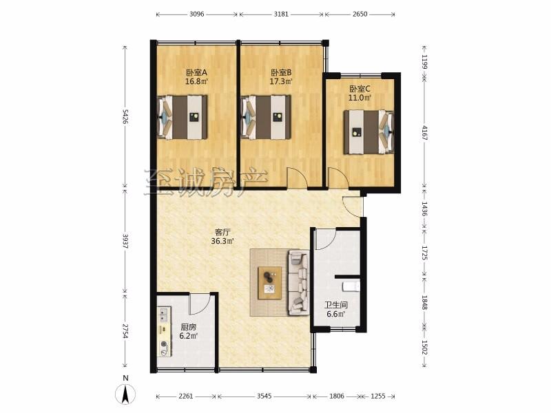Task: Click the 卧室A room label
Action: tap(196, 73)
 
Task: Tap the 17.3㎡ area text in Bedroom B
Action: tap(281, 82)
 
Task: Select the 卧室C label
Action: tap(360, 89)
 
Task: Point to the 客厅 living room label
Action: tap(222, 232)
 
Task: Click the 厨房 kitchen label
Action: tap(189, 327)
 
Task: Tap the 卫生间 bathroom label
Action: tap(336, 305)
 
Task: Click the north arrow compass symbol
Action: tap(125, 394)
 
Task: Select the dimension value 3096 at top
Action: tap(196, 14)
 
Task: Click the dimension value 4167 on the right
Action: tap(424, 133)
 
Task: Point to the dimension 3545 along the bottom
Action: tap(264, 396)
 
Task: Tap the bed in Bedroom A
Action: tap(182, 117)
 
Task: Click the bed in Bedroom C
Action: tap(368, 132)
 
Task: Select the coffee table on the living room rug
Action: tap(270, 283)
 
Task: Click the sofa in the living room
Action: tap(299, 282)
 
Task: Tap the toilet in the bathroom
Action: tap(351, 286)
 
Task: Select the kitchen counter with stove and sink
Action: tap(164, 332)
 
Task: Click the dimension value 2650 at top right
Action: tap(360, 14)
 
